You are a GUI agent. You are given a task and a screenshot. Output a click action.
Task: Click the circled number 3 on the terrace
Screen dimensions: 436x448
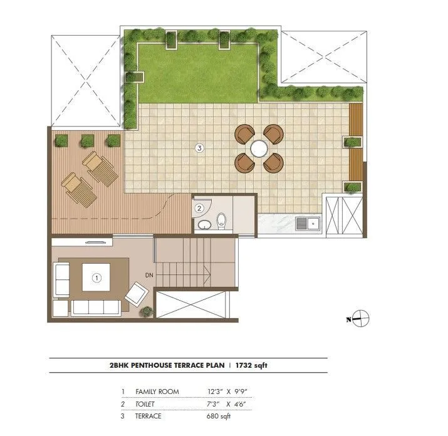(x=199, y=148)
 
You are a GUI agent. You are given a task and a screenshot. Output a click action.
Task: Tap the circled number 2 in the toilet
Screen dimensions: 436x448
(x=199, y=208)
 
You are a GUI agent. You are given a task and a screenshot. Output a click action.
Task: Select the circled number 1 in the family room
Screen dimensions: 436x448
(x=96, y=278)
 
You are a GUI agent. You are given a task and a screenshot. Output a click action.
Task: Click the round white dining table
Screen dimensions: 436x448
(x=259, y=148)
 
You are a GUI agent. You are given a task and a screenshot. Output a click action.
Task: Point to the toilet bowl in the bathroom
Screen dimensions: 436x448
(x=221, y=221)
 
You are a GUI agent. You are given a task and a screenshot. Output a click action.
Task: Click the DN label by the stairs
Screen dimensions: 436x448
(x=149, y=275)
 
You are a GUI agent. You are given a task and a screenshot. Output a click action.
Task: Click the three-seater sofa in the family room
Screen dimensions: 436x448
(x=96, y=308)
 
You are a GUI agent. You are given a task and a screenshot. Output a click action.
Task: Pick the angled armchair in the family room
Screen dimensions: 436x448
(x=137, y=293)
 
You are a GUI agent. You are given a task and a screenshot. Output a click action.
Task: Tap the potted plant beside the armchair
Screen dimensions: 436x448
(x=147, y=311)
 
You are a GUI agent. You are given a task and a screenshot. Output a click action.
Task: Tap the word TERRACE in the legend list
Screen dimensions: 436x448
(x=149, y=416)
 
